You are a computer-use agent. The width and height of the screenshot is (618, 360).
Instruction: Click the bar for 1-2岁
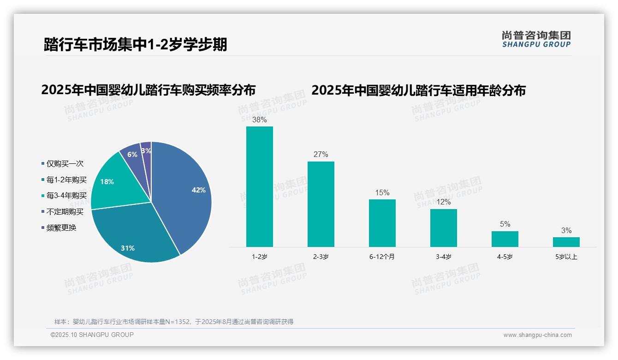coord(260,186)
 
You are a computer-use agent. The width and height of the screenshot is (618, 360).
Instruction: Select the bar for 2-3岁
coord(321,204)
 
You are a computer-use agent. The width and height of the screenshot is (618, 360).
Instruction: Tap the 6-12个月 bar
coord(382,223)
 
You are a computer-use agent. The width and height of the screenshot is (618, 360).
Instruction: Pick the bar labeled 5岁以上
coord(566,242)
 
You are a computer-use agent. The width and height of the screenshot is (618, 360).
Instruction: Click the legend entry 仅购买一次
coord(65,164)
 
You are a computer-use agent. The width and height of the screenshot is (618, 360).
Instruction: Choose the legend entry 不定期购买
coord(65,212)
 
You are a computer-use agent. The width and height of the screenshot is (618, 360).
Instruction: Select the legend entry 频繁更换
coord(61,228)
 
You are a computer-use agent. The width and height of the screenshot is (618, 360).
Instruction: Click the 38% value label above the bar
coord(259,120)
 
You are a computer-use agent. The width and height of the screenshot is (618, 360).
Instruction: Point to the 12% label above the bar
coord(444,202)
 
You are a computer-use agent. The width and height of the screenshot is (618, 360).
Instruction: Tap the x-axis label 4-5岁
coord(505,257)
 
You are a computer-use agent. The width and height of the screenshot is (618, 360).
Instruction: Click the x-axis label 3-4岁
coord(444,257)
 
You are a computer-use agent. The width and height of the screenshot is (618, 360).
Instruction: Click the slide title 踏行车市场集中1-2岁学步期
coord(135,45)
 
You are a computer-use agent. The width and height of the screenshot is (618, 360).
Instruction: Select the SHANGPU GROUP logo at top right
coord(536,39)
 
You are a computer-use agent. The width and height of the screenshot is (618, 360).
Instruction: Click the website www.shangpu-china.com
coord(537,335)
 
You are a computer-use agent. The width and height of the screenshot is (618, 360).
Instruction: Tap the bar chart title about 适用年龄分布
coord(418,90)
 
